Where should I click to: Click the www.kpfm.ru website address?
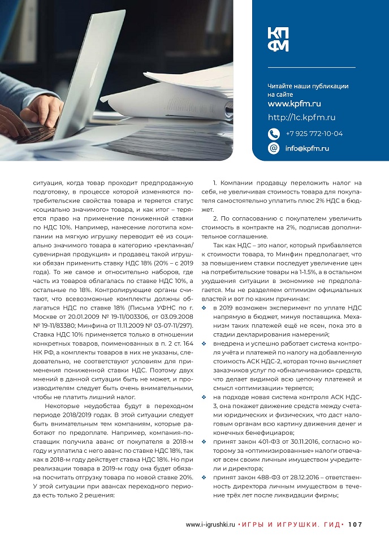click(x=294, y=104)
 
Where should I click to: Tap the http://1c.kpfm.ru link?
click(x=301, y=118)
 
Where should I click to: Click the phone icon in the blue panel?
click(x=274, y=134)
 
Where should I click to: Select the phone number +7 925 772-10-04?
click(x=314, y=134)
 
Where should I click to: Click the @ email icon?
click(x=274, y=148)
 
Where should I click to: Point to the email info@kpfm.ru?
click(x=306, y=148)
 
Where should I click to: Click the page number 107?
click(x=355, y=525)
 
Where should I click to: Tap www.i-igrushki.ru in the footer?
click(x=210, y=525)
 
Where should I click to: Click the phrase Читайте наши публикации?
click(x=308, y=87)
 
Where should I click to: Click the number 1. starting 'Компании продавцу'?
click(x=215, y=183)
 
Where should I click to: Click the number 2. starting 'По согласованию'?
click(x=215, y=218)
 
